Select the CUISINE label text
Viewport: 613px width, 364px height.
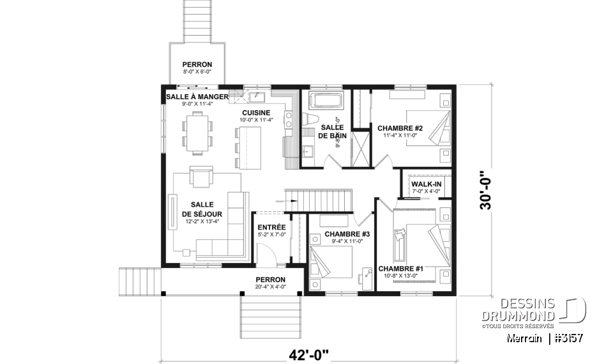(255, 113)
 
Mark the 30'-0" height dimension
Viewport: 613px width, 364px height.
(488, 189)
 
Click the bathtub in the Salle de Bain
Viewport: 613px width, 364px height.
(326, 102)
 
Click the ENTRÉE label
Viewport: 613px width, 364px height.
(271, 227)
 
